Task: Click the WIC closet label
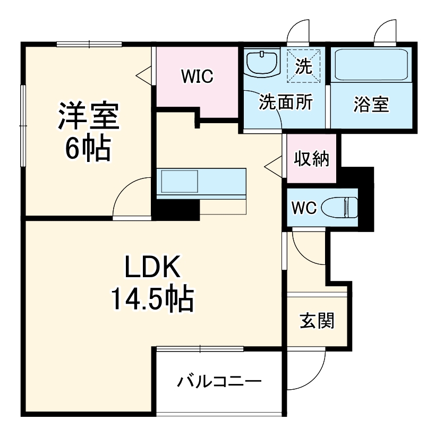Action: (x=197, y=76)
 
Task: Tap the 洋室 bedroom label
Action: (x=88, y=116)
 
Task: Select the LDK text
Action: (x=152, y=266)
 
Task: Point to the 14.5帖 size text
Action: (x=152, y=299)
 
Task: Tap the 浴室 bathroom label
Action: (x=371, y=104)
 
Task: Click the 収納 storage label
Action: (x=311, y=159)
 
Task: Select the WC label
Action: (x=304, y=208)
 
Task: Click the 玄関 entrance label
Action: (x=317, y=321)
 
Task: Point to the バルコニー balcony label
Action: (x=219, y=381)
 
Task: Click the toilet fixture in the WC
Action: (x=339, y=208)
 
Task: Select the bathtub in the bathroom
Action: (x=371, y=65)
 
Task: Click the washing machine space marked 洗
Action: (x=304, y=66)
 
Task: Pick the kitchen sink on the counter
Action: (x=180, y=182)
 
